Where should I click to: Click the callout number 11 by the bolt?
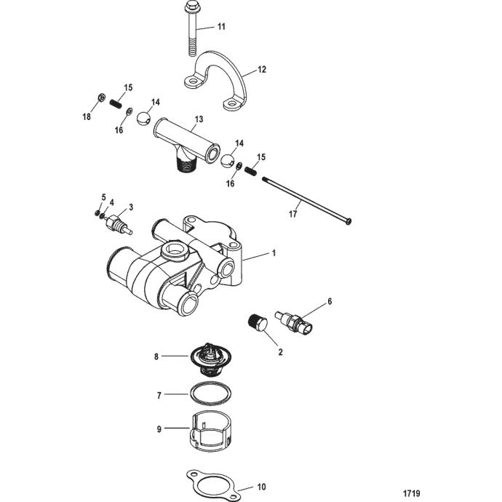[222, 28]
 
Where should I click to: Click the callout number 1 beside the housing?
[274, 255]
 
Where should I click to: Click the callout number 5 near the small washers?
[103, 197]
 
